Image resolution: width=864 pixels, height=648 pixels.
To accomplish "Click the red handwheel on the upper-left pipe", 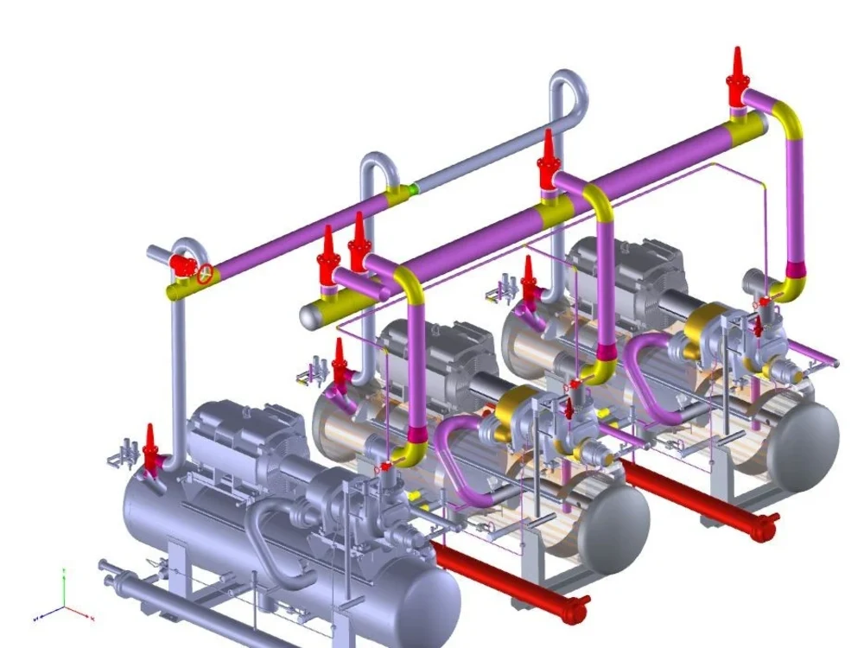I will (x=205, y=274).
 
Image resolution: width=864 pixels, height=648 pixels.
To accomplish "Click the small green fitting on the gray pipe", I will (x=415, y=187).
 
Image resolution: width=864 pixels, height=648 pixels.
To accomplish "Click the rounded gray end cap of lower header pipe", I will (x=309, y=316).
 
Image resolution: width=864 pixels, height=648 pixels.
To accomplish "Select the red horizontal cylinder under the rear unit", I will (x=700, y=498).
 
